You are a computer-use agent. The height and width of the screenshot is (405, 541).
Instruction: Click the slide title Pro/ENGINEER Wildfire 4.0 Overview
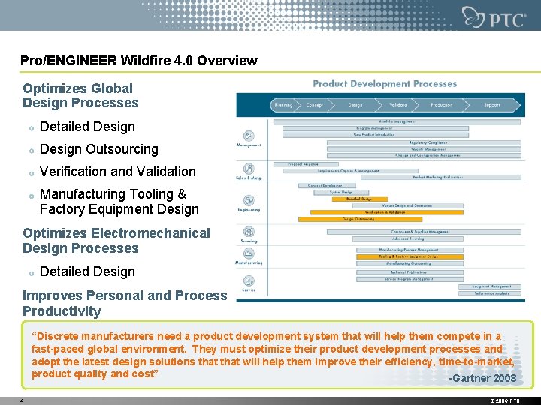click(139, 61)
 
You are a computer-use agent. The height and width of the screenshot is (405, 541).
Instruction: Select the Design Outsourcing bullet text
click(98, 149)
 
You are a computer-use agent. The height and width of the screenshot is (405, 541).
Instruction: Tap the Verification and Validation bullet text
click(117, 172)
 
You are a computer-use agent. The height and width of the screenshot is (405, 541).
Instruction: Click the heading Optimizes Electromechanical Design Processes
click(116, 241)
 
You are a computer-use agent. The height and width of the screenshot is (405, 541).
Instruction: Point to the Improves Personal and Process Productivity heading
click(124, 303)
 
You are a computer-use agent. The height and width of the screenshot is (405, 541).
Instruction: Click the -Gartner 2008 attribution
click(482, 378)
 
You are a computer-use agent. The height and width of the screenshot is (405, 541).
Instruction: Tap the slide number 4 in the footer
click(23, 400)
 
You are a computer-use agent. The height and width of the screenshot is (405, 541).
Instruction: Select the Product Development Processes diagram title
click(385, 84)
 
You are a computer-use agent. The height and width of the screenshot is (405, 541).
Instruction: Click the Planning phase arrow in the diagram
click(284, 105)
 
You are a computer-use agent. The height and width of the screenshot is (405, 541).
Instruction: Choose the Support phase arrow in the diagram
click(491, 105)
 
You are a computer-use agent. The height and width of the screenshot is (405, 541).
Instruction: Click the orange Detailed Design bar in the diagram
click(358, 199)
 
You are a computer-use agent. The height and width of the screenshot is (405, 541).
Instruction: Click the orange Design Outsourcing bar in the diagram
click(358, 219)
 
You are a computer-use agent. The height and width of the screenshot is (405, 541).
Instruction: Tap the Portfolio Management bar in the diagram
click(402, 121)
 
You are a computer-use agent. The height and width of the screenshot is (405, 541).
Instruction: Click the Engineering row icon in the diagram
click(249, 201)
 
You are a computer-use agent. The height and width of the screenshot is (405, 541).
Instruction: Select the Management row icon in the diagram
click(249, 136)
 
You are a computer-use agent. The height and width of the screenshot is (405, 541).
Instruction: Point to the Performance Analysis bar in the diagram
click(491, 293)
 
